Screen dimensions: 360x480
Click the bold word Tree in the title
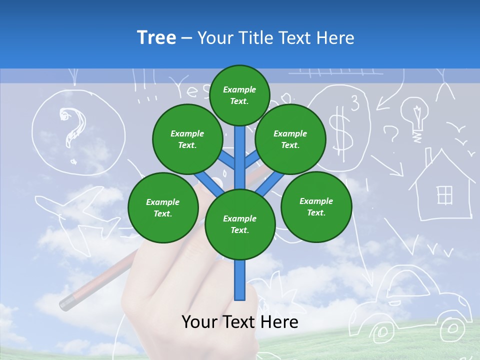tap(156, 37)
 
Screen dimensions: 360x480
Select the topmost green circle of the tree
tap(239, 95)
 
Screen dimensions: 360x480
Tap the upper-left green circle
tap(187, 139)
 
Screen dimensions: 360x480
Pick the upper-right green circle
tap(290, 139)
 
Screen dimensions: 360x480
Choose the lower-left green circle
tap(162, 207)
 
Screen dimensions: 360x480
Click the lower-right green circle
tap(316, 206)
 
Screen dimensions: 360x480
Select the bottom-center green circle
tap(239, 224)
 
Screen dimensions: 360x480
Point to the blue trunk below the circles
tap(240, 280)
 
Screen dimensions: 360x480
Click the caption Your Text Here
tap(239, 322)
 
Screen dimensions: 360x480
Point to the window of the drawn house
tap(444, 195)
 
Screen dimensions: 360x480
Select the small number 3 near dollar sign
tap(354, 104)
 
